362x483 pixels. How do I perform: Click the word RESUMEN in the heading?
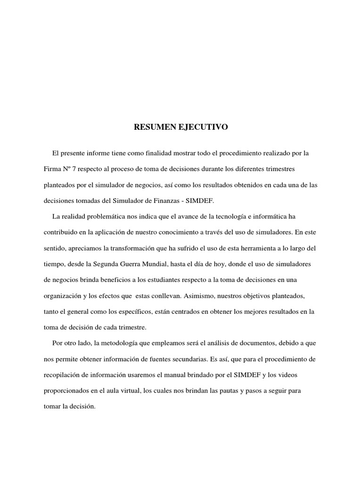(152, 127)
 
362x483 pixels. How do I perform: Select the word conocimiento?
(177, 232)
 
